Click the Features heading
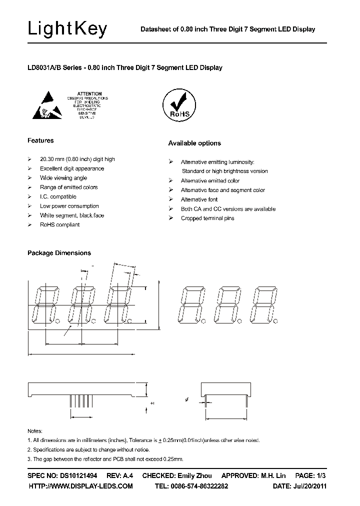tap(40, 140)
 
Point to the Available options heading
tap(194, 143)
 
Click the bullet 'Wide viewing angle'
tap(63, 178)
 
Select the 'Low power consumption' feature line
tap(69, 206)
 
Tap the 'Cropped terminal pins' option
tap(207, 218)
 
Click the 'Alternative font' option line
tap(199, 199)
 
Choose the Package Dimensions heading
tap(59, 253)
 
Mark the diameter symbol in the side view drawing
tap(186, 399)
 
